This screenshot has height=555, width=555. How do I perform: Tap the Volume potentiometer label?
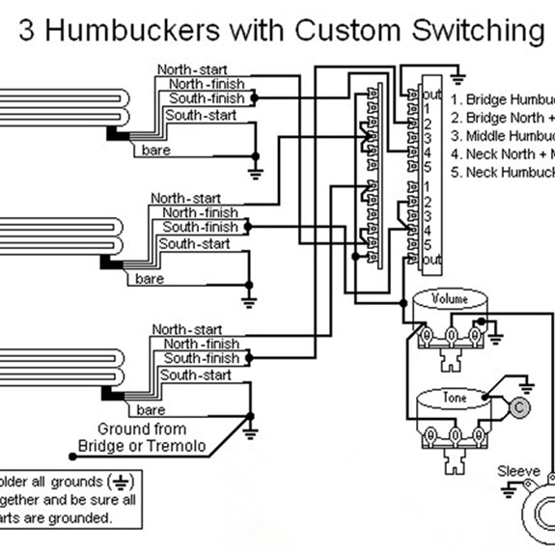point(450,298)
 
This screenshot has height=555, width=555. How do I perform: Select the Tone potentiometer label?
point(454,397)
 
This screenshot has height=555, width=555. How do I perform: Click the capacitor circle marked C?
point(520,408)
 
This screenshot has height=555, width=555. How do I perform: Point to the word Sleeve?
point(518,471)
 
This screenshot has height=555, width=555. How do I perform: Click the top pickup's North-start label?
point(190,69)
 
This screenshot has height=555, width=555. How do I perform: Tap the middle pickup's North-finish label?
point(200,212)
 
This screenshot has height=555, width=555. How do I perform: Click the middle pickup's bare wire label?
point(150,279)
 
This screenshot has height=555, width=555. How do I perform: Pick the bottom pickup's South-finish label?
point(201,358)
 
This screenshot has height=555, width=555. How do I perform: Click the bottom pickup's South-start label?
point(196,375)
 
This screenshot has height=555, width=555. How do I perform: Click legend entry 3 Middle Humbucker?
point(503,135)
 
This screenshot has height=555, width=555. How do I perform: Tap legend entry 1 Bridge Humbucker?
point(503,98)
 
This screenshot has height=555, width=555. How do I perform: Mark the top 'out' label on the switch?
point(431,96)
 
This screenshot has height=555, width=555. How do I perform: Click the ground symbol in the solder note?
point(122,481)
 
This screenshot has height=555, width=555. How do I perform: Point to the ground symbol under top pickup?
point(255,173)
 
